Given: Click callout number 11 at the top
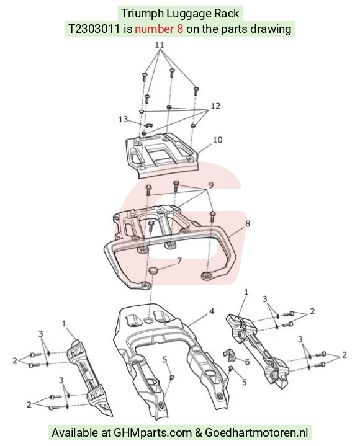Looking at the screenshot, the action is pos(160,45).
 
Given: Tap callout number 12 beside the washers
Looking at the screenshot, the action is pos(215,106).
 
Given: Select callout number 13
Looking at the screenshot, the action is pos(124,119).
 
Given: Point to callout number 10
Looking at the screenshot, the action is pos(218,140).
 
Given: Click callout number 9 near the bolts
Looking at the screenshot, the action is pos(211,185).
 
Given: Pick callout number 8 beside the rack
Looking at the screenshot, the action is pos(248,223).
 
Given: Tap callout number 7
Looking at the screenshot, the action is pos(179,261).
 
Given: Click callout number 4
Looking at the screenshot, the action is pos(212,311).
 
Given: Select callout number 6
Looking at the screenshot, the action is pos(247,362).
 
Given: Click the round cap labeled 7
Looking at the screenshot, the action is pos(155,271).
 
